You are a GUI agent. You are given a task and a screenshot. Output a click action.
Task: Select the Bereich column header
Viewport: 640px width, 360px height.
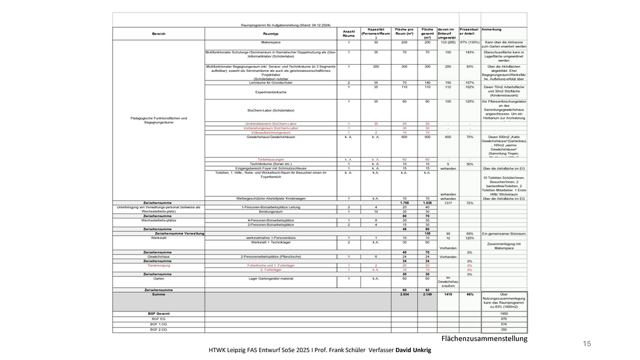[x=159, y=34]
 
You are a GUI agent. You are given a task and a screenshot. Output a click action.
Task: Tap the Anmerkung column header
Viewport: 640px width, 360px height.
[x=491, y=29]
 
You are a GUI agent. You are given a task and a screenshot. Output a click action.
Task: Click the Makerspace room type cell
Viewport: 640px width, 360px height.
[x=271, y=43]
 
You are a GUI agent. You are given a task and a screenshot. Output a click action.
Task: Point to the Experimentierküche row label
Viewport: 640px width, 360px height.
[x=271, y=92]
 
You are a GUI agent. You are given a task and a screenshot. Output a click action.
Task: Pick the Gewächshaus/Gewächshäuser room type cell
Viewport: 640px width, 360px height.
[x=271, y=137]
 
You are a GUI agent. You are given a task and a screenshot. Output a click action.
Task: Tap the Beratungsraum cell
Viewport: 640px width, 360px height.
[x=271, y=211]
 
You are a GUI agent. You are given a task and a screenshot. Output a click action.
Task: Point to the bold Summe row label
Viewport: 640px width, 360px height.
[x=158, y=295]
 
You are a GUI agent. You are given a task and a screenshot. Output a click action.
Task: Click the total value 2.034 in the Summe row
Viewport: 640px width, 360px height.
[x=404, y=295]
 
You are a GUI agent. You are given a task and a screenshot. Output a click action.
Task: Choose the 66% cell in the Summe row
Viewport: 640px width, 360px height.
[x=470, y=295]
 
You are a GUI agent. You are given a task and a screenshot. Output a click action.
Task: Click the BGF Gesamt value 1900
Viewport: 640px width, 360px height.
[x=504, y=314]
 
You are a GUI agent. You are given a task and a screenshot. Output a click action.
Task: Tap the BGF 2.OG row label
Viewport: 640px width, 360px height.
[x=158, y=329]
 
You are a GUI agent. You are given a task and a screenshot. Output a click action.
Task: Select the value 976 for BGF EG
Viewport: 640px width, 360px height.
[x=504, y=319]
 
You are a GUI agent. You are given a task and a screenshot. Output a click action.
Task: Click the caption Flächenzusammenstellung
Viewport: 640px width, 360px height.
[x=484, y=339]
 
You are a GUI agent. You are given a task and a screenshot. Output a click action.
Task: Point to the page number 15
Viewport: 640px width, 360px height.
[x=587, y=343]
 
